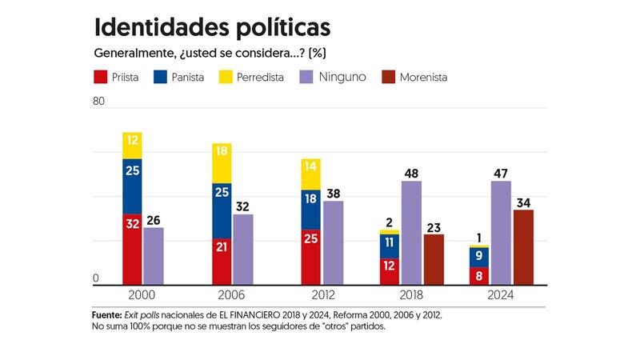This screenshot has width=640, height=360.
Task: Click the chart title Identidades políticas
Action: [212, 26]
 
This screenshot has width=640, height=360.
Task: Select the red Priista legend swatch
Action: [102, 78]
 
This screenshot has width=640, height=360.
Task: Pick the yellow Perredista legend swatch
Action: [226, 78]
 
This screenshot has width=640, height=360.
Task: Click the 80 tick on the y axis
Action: [99, 102]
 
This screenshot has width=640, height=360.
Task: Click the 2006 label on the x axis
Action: [222, 295]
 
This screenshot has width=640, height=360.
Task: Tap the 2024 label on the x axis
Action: [501, 295]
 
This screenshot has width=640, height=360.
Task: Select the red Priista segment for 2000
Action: [132, 249]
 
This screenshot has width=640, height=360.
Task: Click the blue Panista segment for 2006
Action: [222, 211]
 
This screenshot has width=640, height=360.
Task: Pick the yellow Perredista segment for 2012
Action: [311, 174]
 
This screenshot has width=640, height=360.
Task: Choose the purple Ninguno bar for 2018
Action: [411, 233]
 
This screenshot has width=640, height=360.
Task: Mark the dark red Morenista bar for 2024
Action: [523, 247]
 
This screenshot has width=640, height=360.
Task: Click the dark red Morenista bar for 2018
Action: [434, 259]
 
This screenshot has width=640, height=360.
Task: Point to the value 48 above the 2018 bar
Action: [411, 172]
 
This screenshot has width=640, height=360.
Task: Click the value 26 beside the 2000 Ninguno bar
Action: [154, 219]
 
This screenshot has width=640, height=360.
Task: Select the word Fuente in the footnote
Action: [106, 315]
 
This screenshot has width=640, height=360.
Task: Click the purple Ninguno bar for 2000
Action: [154, 256]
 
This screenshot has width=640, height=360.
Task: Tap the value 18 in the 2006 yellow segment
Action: [222, 151]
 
